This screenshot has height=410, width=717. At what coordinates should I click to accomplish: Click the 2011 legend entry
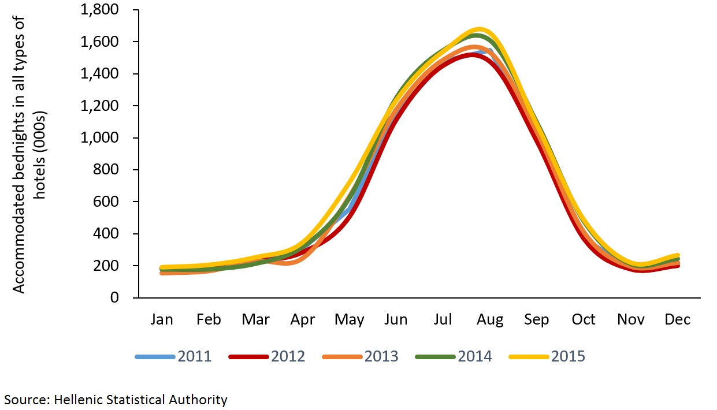point(173,356)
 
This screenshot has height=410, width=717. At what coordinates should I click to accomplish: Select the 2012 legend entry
point(267,356)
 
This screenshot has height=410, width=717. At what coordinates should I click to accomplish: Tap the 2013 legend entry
point(361,356)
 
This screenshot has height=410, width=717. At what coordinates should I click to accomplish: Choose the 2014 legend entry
point(454,356)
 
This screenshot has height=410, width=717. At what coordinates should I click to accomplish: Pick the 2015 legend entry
point(547,356)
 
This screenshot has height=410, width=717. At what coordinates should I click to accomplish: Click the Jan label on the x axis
point(161,320)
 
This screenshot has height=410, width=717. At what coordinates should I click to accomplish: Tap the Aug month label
point(489,320)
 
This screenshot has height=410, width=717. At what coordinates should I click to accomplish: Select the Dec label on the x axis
point(677,320)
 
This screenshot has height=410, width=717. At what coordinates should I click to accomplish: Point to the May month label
point(349,320)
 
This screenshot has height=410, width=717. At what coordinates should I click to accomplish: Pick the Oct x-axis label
point(584,320)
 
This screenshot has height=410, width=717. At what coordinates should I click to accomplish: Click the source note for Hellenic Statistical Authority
point(116,399)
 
